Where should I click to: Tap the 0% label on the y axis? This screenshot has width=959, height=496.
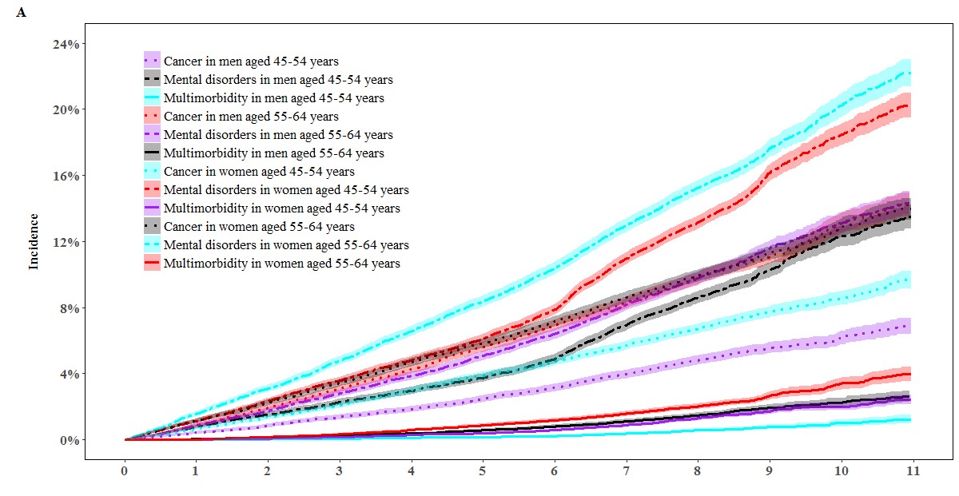click(70, 440)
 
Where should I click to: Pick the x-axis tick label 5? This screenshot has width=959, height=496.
click(483, 472)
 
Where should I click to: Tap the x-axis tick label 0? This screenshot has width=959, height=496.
click(125, 472)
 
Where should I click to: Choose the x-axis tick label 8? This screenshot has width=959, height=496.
click(697, 472)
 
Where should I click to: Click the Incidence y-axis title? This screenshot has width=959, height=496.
click(34, 241)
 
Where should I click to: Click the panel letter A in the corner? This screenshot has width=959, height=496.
click(21, 14)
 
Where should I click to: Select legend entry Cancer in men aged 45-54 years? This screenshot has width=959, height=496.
click(251, 61)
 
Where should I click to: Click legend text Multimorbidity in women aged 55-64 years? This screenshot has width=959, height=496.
click(282, 263)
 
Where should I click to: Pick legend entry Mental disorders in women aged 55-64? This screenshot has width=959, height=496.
click(286, 244)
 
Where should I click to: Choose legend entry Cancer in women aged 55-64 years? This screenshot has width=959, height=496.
click(259, 227)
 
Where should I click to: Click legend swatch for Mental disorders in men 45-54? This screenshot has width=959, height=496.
click(152, 79)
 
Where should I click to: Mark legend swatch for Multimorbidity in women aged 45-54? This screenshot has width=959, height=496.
click(152, 208)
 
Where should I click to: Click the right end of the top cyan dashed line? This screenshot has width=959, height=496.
click(910, 73)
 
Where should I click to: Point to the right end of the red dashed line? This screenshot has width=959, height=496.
click(910, 105)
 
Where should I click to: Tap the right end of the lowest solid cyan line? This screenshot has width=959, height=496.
click(910, 419)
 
